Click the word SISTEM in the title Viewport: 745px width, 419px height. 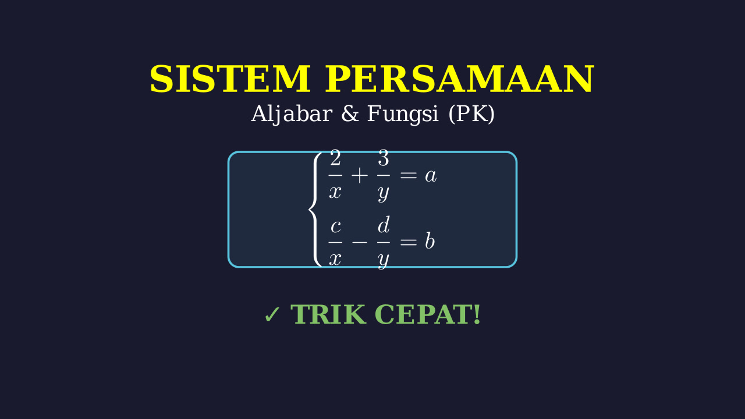(x=230, y=79)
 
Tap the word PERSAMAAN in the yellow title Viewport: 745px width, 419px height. (x=459, y=79)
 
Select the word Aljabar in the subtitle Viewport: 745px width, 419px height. (x=292, y=115)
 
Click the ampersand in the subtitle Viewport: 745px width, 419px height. (x=350, y=113)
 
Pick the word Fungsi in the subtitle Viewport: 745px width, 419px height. (x=403, y=115)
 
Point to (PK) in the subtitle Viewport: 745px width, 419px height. (x=471, y=114)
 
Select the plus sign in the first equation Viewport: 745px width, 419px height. (x=360, y=175)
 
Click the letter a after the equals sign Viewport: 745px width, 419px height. (x=431, y=176)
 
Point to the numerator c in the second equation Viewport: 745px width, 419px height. (x=336, y=227)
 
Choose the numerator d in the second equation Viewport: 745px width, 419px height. (x=384, y=225)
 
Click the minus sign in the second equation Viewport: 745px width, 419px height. (x=360, y=243)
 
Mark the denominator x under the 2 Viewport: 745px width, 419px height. (x=335, y=193)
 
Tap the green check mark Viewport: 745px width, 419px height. (x=272, y=315)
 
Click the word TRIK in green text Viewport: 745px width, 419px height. (x=328, y=315)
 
